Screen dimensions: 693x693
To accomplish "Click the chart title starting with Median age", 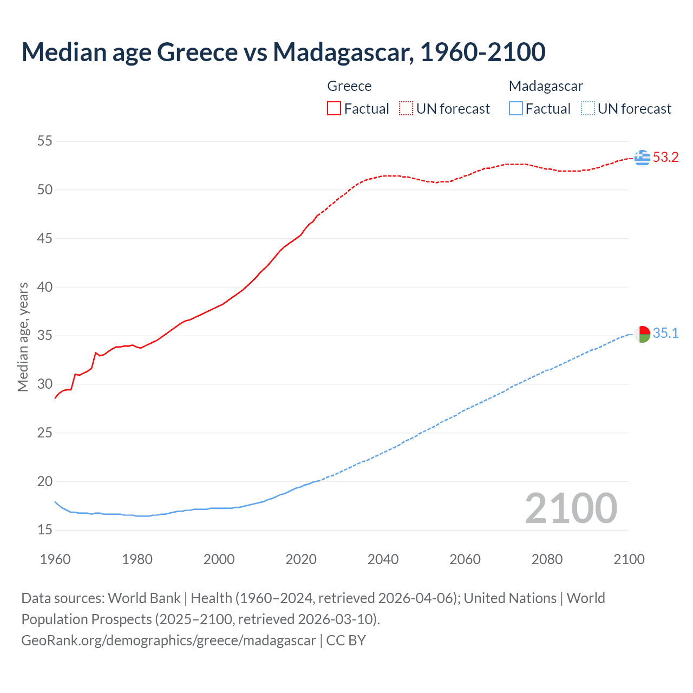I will point(283,53).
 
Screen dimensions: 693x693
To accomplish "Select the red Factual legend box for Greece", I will point(334,109).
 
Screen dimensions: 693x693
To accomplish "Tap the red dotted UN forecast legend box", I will point(406,109).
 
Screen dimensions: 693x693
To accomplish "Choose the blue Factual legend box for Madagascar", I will point(516,109).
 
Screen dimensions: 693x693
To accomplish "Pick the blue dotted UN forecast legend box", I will point(588,109).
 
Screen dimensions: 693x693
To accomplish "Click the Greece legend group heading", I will point(349,86).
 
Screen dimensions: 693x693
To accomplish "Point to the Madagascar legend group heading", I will point(546,86).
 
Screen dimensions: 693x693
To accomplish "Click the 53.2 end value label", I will point(665,158).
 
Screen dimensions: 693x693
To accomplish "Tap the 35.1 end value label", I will point(665,334).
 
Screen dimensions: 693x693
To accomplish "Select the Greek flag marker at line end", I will point(642,158).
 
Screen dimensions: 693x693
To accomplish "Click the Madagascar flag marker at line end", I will point(642,334).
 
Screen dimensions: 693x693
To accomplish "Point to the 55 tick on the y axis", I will point(45,141).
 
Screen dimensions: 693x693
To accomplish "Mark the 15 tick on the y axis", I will point(45,530).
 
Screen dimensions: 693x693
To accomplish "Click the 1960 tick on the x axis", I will point(55,559).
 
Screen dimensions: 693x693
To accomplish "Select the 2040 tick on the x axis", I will point(383,559).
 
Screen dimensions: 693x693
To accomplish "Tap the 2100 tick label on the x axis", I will point(629,559).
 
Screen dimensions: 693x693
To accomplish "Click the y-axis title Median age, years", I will point(23,337).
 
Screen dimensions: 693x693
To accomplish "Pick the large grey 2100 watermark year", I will point(571,508).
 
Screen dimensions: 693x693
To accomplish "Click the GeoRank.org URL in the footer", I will point(168,640).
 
